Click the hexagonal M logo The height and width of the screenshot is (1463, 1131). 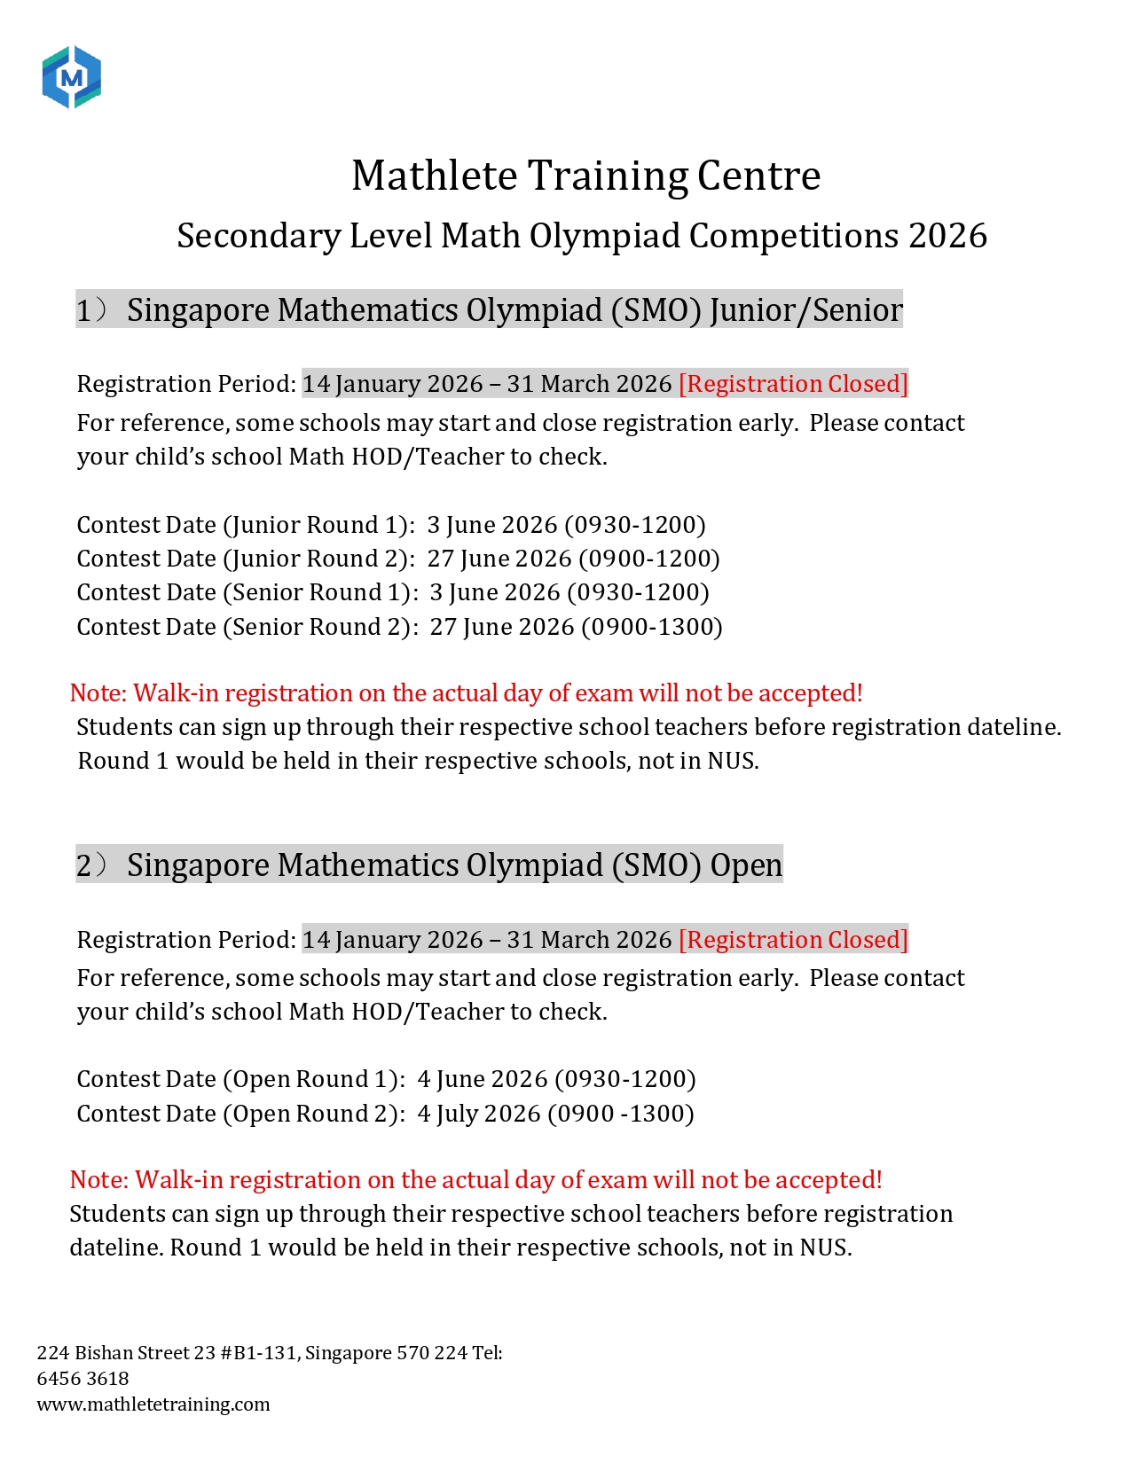tap(72, 78)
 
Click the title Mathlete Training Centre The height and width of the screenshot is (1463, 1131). tap(585, 176)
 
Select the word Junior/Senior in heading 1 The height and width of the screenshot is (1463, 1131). tap(805, 310)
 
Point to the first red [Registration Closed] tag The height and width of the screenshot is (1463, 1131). tap(793, 384)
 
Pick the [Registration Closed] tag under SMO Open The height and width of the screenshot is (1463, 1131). tap(793, 940)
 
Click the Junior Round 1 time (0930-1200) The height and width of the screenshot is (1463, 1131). tap(635, 525)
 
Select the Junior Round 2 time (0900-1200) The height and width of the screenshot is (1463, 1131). tap(649, 559)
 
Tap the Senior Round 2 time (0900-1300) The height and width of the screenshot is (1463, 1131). tap(652, 627)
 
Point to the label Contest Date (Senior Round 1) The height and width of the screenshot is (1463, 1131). tap(247, 592)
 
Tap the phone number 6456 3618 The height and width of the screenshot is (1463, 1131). tap(82, 1379)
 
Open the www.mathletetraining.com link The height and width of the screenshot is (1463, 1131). tap(153, 1404)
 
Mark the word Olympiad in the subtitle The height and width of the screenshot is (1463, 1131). tap(605, 236)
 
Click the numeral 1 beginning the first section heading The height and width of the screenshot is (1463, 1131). tap(83, 310)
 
